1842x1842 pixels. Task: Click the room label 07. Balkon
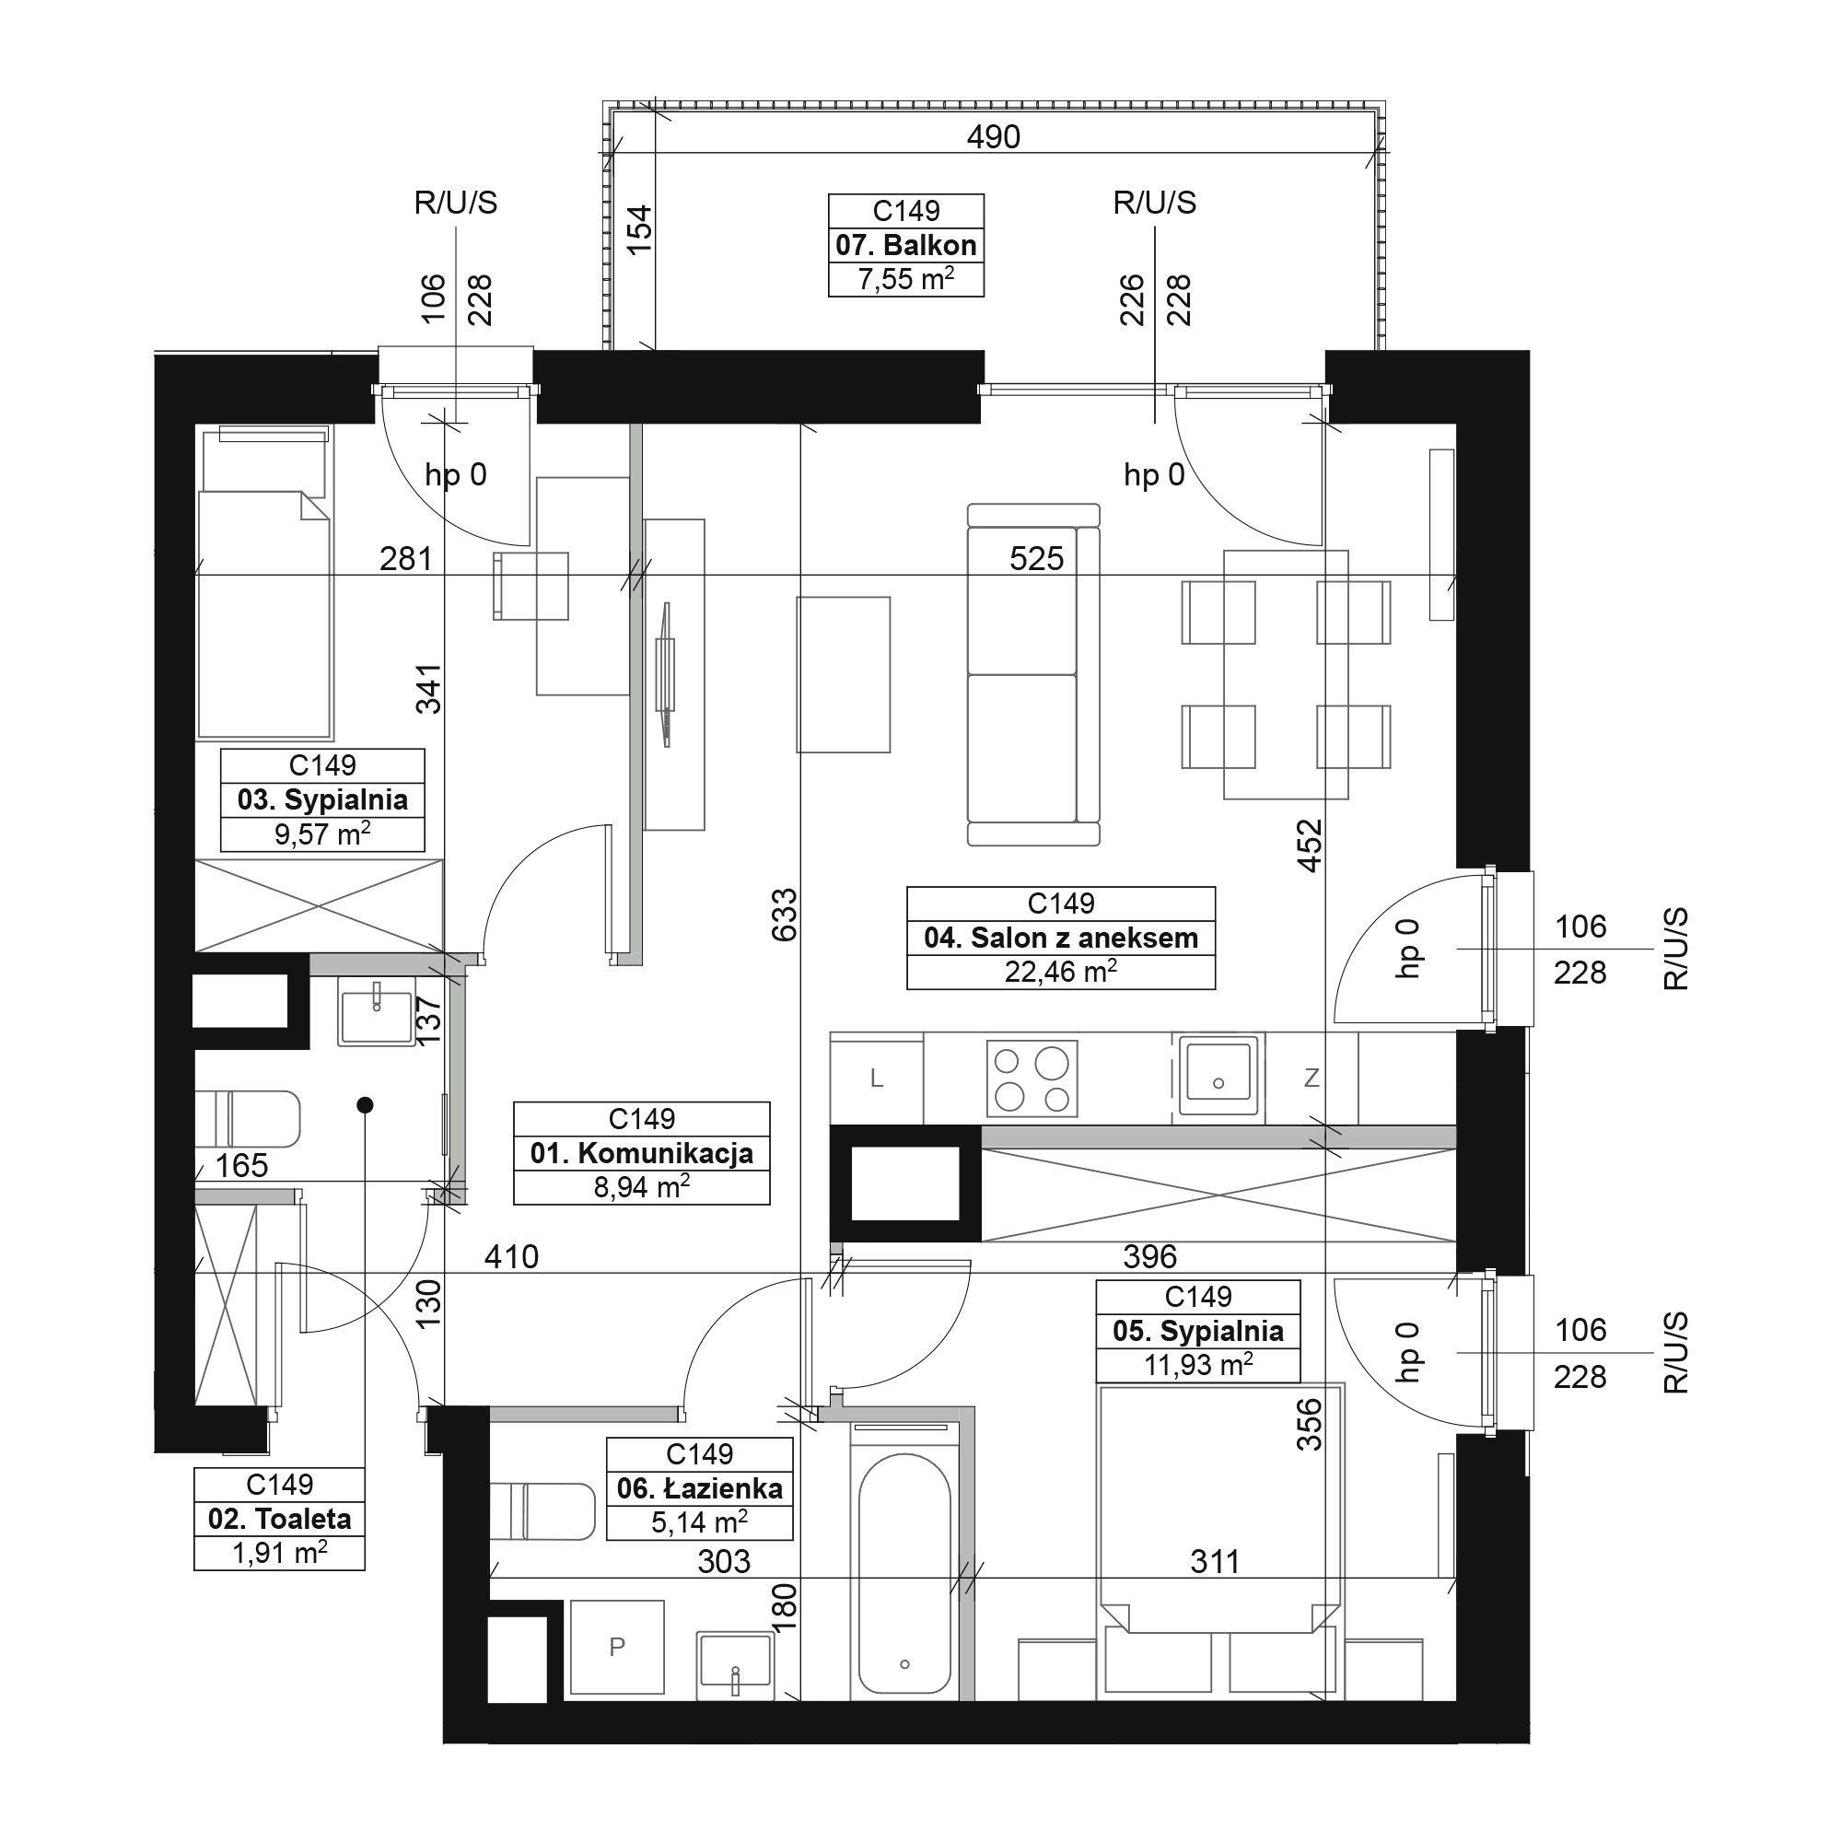905,245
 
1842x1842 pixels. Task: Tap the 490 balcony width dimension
994,137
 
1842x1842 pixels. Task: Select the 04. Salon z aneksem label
1061,938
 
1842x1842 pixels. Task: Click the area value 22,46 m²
1061,972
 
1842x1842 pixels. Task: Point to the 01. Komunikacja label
642,1153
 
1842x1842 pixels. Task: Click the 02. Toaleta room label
279,1518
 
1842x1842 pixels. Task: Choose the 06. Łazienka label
700,1487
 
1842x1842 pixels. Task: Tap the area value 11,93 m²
1198,1364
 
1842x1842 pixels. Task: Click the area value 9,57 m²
322,834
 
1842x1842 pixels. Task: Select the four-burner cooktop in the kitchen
1032,1078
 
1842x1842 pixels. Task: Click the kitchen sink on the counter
1218,1076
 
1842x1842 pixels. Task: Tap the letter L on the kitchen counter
877,1078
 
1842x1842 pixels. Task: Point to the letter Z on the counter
1312,1078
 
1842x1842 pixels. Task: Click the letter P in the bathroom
617,1647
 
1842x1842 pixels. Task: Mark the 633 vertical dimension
784,915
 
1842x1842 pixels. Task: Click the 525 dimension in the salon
1036,559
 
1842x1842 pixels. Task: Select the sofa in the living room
1033,674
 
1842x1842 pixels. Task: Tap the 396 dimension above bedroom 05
1149,1256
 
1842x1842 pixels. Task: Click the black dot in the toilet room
364,1105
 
